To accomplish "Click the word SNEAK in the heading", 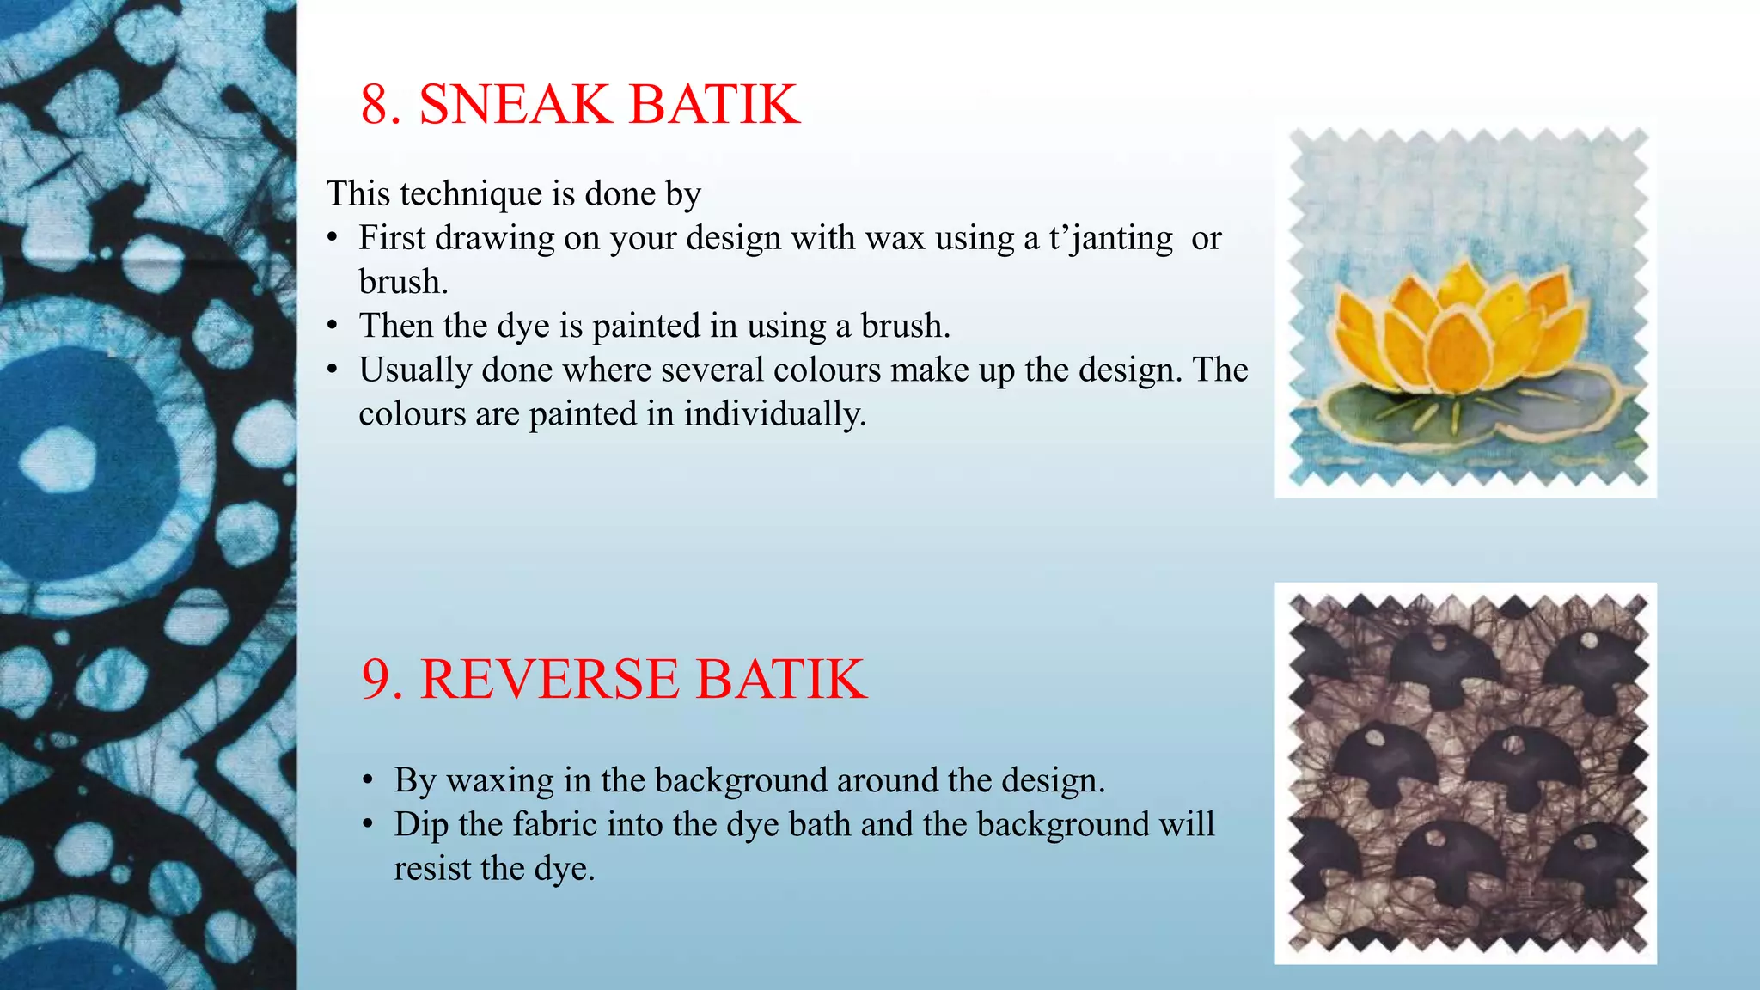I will pyautogui.click(x=514, y=105).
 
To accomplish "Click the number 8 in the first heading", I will pyautogui.click(x=374, y=105).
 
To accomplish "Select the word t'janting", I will pyautogui.click(x=1110, y=239).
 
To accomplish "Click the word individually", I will pyautogui.click(x=774, y=414).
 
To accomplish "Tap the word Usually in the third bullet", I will pyautogui.click(x=415, y=370).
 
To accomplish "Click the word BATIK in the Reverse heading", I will pyautogui.click(x=780, y=679).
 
